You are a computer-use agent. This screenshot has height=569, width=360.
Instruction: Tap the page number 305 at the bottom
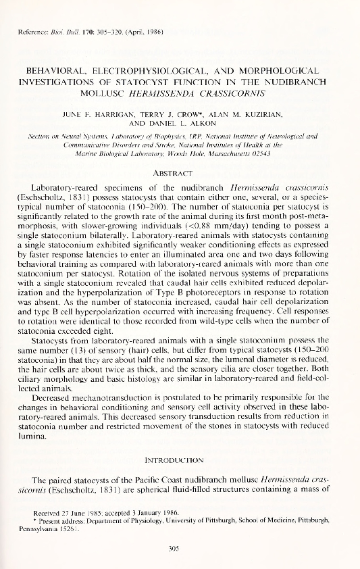(x=180, y=549)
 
